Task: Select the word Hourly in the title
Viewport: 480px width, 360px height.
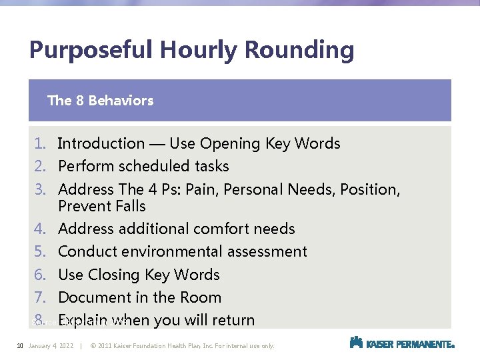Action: tap(194, 51)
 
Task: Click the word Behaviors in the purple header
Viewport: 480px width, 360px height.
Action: tap(121, 101)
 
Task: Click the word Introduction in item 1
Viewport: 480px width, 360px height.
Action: tap(101, 143)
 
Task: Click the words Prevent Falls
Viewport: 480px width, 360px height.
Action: tap(101, 206)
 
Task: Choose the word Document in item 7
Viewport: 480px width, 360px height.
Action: tap(92, 297)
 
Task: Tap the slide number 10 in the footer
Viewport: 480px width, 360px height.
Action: tap(20, 345)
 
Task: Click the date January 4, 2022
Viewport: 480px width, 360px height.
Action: tap(51, 345)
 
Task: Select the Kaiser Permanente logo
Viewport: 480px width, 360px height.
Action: tap(402, 343)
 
